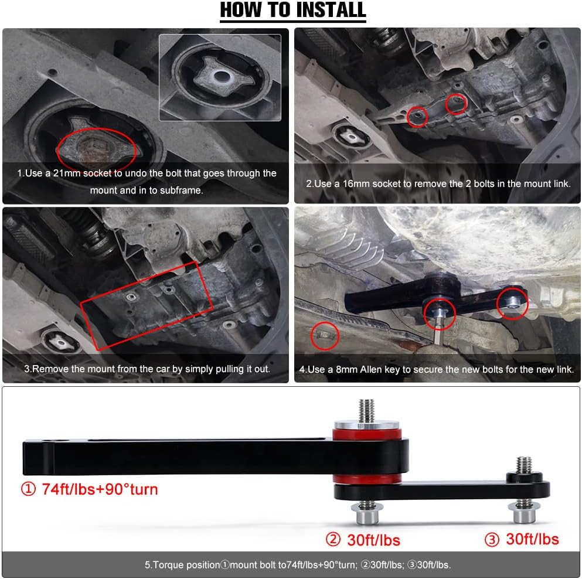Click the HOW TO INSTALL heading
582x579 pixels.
click(x=292, y=11)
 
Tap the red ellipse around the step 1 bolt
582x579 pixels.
click(x=97, y=149)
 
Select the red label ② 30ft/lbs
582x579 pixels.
click(x=364, y=539)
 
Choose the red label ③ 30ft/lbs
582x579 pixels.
click(x=522, y=539)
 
